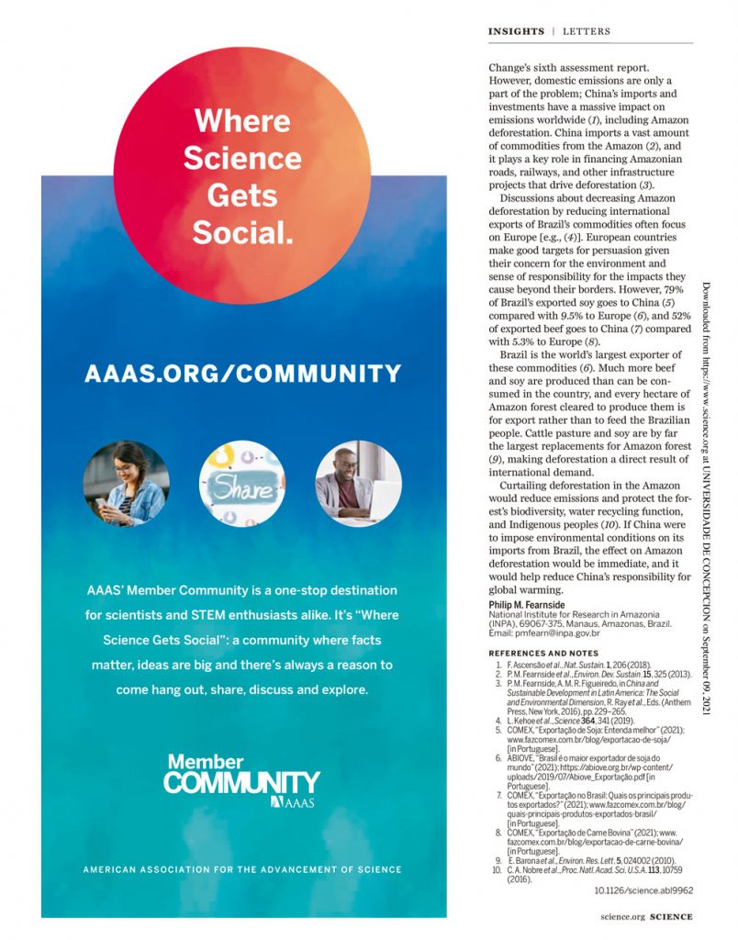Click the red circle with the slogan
242,174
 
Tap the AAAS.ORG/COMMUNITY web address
242,374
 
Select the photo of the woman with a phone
126,484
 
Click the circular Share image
242,484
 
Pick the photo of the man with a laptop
358,484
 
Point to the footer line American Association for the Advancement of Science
242,869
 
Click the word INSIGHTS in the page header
516,31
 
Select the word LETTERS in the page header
587,31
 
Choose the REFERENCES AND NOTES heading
542,652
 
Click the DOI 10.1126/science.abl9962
643,890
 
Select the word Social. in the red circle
242,231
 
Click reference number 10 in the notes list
497,868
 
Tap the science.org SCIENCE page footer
646,916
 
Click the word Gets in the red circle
242,195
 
